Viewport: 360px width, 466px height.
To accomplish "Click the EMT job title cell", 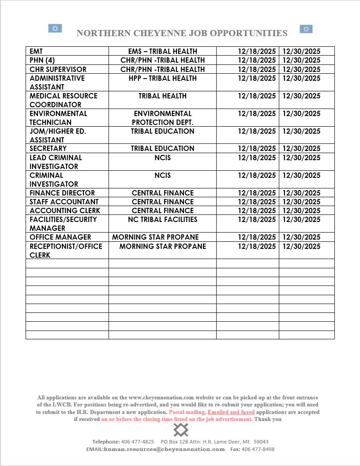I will (36, 51).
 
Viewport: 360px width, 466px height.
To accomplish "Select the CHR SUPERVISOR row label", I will (58, 69).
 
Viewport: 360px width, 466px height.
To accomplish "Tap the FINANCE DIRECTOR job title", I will (62, 193).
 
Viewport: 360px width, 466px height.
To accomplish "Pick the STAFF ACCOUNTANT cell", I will (64, 202).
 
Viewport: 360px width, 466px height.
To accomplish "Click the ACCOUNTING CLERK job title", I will (65, 210).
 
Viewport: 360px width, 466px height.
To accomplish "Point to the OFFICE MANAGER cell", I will (60, 237).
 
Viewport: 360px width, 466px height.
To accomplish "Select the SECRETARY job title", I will (48, 148).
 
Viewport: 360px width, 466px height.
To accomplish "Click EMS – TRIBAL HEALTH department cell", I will (162, 51).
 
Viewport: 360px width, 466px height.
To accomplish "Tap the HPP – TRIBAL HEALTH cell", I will (162, 78).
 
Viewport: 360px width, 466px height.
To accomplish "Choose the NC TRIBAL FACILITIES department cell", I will (162, 219).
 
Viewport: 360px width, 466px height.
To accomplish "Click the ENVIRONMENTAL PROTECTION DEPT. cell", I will (162, 118).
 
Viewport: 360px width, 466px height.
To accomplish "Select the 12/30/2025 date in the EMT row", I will (301, 51).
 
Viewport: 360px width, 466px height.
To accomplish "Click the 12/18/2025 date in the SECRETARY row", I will (257, 148).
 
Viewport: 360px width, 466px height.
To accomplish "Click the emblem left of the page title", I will (55, 29).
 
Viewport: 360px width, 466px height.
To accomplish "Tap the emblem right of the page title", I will (306, 29).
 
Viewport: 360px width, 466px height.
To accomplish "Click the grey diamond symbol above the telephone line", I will (181, 429).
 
